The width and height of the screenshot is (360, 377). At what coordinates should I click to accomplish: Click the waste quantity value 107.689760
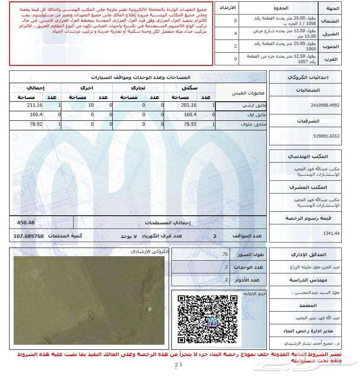29,236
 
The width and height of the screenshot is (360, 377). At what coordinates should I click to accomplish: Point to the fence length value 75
225,254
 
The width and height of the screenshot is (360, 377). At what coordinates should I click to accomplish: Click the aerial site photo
89,300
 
